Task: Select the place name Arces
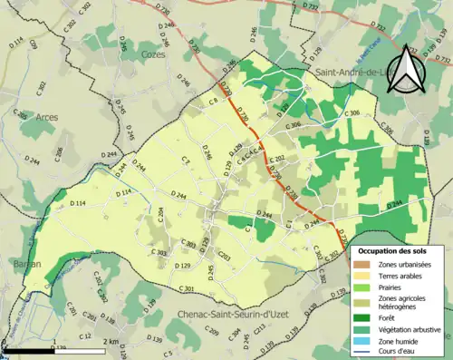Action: [x=47, y=117]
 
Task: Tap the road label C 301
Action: [x=187, y=288]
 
